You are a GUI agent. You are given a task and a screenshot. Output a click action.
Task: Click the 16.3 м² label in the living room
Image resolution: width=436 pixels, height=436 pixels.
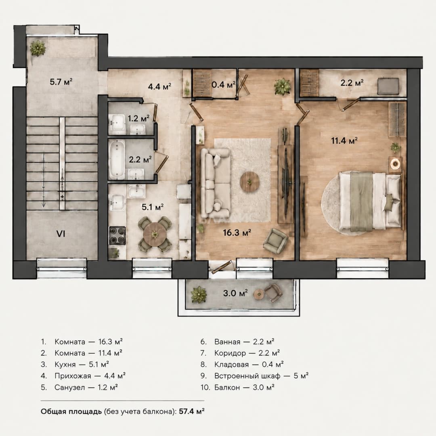237,233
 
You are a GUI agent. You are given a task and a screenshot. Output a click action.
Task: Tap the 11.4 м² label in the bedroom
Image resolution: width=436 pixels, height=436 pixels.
344,141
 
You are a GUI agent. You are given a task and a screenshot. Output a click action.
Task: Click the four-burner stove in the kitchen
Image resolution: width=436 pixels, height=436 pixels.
117,235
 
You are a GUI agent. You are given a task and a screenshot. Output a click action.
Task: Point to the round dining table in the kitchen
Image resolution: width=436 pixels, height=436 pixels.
155,235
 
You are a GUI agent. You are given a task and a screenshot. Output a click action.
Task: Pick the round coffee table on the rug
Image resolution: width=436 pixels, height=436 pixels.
250,182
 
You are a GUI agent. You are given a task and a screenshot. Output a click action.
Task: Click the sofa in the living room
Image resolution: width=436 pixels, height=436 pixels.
216,183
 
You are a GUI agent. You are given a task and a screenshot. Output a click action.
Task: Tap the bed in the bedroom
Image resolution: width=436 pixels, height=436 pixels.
370,201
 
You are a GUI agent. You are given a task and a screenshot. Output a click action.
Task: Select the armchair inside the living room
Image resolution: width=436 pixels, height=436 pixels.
275,241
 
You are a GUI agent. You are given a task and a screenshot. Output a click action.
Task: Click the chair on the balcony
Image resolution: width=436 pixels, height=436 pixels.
273,293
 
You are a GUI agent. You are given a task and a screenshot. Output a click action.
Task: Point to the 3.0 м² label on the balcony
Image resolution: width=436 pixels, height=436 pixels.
235,293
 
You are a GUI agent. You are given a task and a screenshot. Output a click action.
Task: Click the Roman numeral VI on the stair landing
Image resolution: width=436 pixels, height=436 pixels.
61,234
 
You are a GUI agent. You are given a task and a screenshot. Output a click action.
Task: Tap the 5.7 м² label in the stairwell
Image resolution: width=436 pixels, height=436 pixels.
61,82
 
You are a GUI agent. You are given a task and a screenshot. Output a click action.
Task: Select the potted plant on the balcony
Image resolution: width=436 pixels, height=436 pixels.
199,294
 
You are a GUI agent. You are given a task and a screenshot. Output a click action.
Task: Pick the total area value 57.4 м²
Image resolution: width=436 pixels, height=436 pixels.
192,411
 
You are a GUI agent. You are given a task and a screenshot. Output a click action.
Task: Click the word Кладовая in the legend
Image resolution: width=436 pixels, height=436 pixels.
231,365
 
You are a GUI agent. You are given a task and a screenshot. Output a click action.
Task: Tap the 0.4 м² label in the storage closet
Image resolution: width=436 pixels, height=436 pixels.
224,84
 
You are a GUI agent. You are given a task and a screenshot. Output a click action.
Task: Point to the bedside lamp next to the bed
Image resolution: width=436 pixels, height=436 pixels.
395,163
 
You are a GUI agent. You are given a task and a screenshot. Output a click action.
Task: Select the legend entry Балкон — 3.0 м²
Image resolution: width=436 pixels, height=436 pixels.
238,387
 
